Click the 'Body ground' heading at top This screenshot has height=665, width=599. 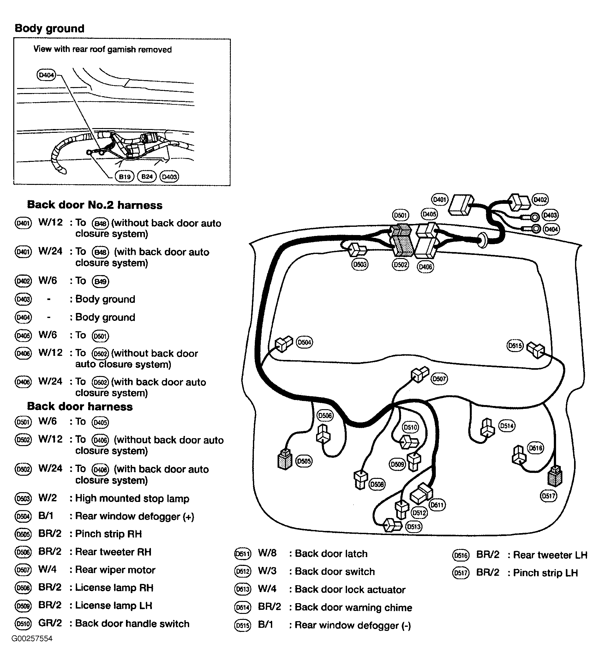(49, 29)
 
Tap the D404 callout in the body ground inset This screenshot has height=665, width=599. (46, 75)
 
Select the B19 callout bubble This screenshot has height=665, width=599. (124, 177)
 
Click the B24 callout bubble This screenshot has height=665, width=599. (147, 177)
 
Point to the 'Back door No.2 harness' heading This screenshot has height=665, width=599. (94, 205)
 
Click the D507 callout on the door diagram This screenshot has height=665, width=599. (439, 379)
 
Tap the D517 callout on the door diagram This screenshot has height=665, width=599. (548, 496)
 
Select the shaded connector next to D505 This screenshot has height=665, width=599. (285, 459)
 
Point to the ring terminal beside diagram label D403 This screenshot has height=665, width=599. (535, 217)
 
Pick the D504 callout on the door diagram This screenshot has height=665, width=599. (304, 342)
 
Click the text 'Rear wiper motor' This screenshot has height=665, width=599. (115, 570)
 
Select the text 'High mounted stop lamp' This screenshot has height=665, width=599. (132, 498)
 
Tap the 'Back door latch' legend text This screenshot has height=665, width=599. (331, 554)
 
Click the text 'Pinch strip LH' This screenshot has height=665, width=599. (545, 573)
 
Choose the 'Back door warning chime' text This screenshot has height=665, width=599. (353, 607)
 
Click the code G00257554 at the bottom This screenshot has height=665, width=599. (32, 639)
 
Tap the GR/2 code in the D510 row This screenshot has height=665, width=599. (50, 623)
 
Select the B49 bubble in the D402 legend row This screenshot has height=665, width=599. (100, 281)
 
